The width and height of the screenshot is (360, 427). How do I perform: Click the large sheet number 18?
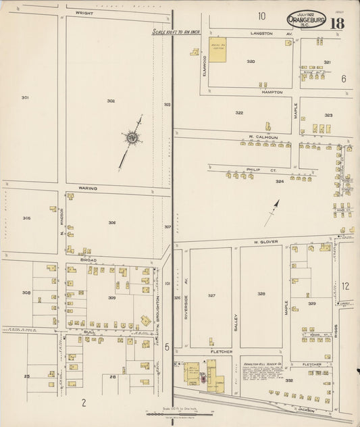[338, 24]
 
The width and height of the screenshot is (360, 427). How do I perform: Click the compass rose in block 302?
[132, 139]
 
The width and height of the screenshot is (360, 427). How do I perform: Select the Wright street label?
[84, 12]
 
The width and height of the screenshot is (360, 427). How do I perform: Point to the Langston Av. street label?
[261, 32]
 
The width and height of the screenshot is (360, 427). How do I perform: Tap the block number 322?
[238, 113]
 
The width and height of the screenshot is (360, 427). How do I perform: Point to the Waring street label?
[87, 188]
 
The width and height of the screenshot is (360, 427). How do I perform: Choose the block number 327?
[211, 295]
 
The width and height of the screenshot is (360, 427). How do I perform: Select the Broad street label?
[88, 259]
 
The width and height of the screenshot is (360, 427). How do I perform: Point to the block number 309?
[111, 297]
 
